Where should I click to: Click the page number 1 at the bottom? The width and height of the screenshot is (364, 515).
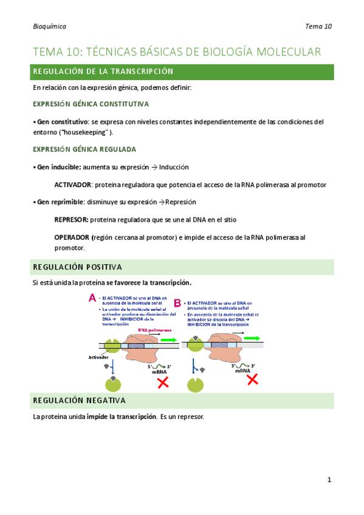(x=329, y=480)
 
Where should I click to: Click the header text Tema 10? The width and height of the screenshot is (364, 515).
(x=319, y=26)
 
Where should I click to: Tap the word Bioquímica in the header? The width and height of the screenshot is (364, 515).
(x=50, y=26)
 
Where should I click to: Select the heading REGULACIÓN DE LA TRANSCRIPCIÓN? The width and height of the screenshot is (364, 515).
(x=103, y=72)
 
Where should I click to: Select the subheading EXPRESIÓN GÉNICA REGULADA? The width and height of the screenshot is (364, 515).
(x=84, y=149)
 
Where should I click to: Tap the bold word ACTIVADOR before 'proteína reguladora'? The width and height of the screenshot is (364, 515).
(x=72, y=185)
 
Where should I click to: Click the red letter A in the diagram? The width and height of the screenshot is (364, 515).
(x=92, y=298)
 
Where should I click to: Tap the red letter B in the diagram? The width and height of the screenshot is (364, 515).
(x=177, y=302)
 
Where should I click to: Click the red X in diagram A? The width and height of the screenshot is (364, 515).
(x=163, y=383)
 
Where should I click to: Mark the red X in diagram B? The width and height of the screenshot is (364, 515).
(x=252, y=380)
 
